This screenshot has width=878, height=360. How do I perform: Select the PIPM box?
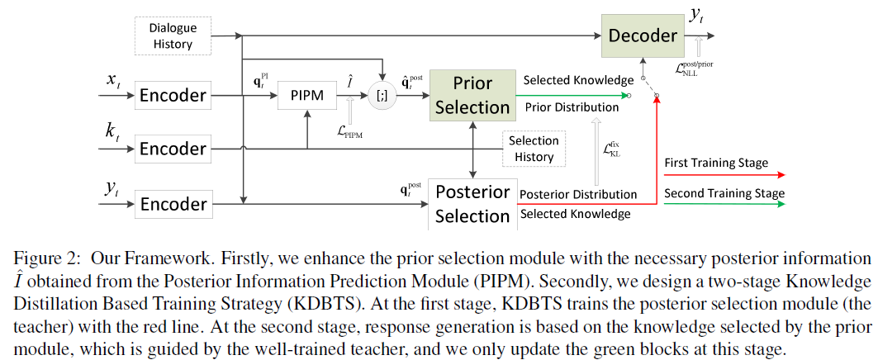[306, 97]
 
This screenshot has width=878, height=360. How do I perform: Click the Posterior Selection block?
[472, 203]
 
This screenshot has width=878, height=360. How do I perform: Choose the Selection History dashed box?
[534, 149]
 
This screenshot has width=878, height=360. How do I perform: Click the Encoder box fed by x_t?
[172, 95]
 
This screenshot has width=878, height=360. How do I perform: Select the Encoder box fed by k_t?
[172, 149]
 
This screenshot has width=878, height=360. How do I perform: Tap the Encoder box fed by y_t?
[172, 203]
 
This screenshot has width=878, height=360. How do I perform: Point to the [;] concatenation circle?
[382, 96]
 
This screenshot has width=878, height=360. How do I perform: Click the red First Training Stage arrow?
[724, 175]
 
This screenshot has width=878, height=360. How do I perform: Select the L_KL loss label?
[612, 149]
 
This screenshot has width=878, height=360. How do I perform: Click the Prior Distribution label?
[571, 107]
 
